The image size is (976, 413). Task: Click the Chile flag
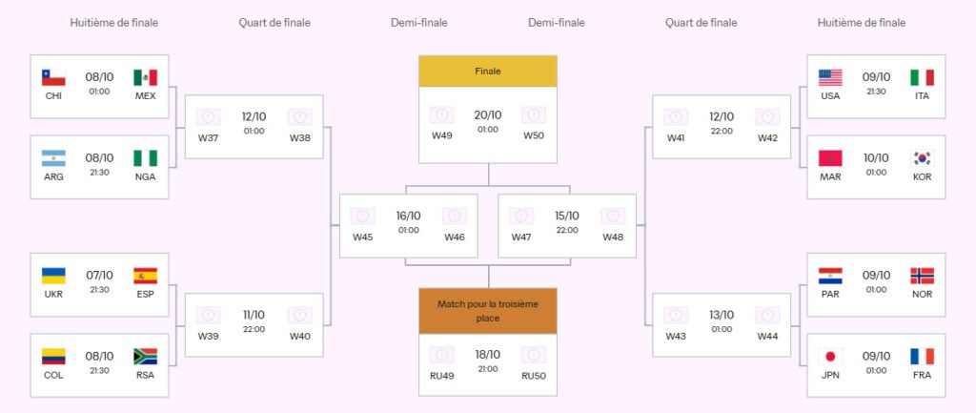coord(53,77)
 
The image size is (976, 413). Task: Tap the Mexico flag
coord(145,77)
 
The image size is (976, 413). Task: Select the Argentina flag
coord(53,158)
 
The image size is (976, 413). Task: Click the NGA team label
coord(145,176)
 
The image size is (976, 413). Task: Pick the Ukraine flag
coord(53,276)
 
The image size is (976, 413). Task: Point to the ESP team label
coord(145,294)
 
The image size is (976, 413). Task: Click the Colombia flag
coord(53,357)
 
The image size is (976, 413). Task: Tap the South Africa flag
coord(145,357)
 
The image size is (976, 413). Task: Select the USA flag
coord(830,77)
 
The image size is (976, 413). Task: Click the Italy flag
coord(922,77)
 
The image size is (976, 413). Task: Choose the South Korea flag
coord(922,158)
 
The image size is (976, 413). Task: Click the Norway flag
coord(922,276)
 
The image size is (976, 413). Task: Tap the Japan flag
coord(830,357)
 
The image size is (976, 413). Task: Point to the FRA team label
coord(922,375)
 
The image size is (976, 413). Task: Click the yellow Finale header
coord(488,72)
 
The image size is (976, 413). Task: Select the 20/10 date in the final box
coord(488,115)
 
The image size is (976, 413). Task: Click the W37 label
coord(208,137)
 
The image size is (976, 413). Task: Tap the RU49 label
coord(441,375)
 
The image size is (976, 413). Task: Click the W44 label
coord(767,336)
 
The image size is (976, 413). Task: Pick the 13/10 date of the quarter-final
coord(722,315)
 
